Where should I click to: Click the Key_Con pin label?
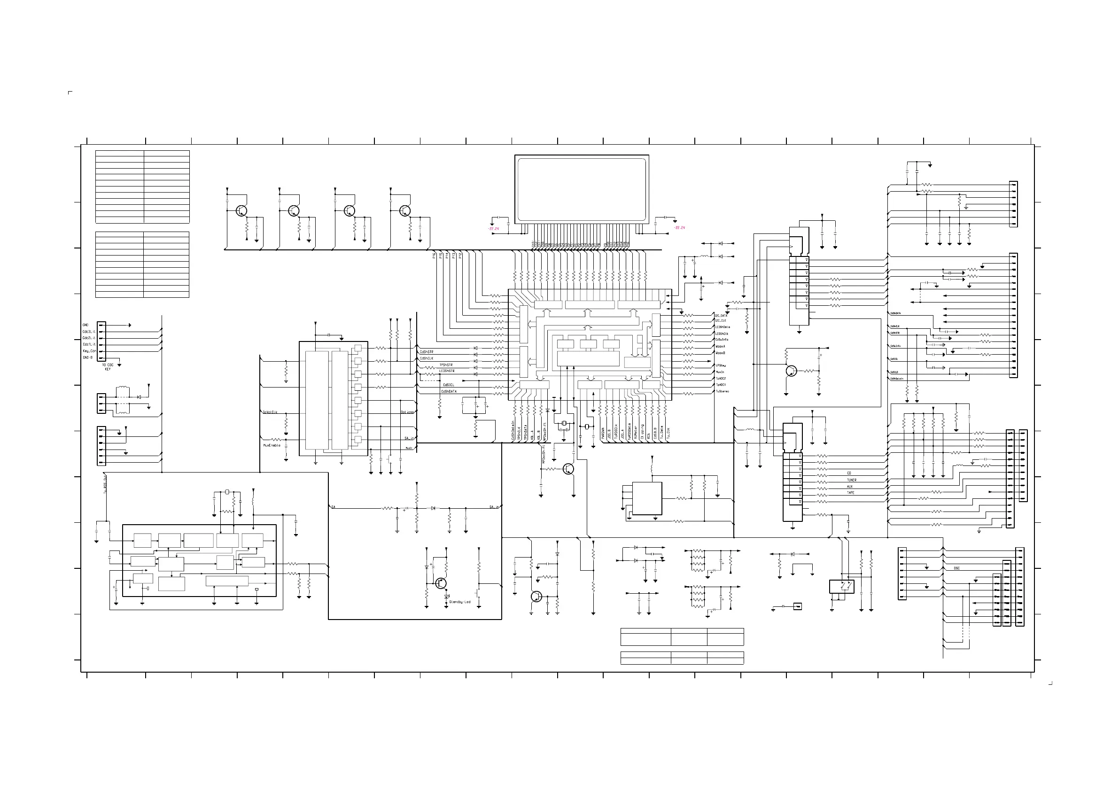point(89,351)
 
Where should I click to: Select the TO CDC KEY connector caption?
point(108,367)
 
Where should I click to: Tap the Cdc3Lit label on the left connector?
point(89,332)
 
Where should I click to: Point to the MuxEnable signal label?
point(272,445)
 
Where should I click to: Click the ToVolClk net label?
point(270,412)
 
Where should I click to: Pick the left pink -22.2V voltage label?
point(493,228)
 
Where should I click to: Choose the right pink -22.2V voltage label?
point(679,228)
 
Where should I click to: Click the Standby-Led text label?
point(459,602)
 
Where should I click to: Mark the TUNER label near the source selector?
point(851,480)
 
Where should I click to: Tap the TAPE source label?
point(850,493)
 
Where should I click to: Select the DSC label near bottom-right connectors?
point(957,568)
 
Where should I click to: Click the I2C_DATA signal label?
point(721,315)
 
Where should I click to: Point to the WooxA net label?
point(720,347)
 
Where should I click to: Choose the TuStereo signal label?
point(722,391)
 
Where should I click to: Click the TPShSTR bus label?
point(446,364)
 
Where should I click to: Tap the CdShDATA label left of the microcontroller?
point(449,391)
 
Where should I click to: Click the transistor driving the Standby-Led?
point(441,583)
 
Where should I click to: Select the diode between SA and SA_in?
point(433,508)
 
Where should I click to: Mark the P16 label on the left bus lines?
point(434,256)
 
